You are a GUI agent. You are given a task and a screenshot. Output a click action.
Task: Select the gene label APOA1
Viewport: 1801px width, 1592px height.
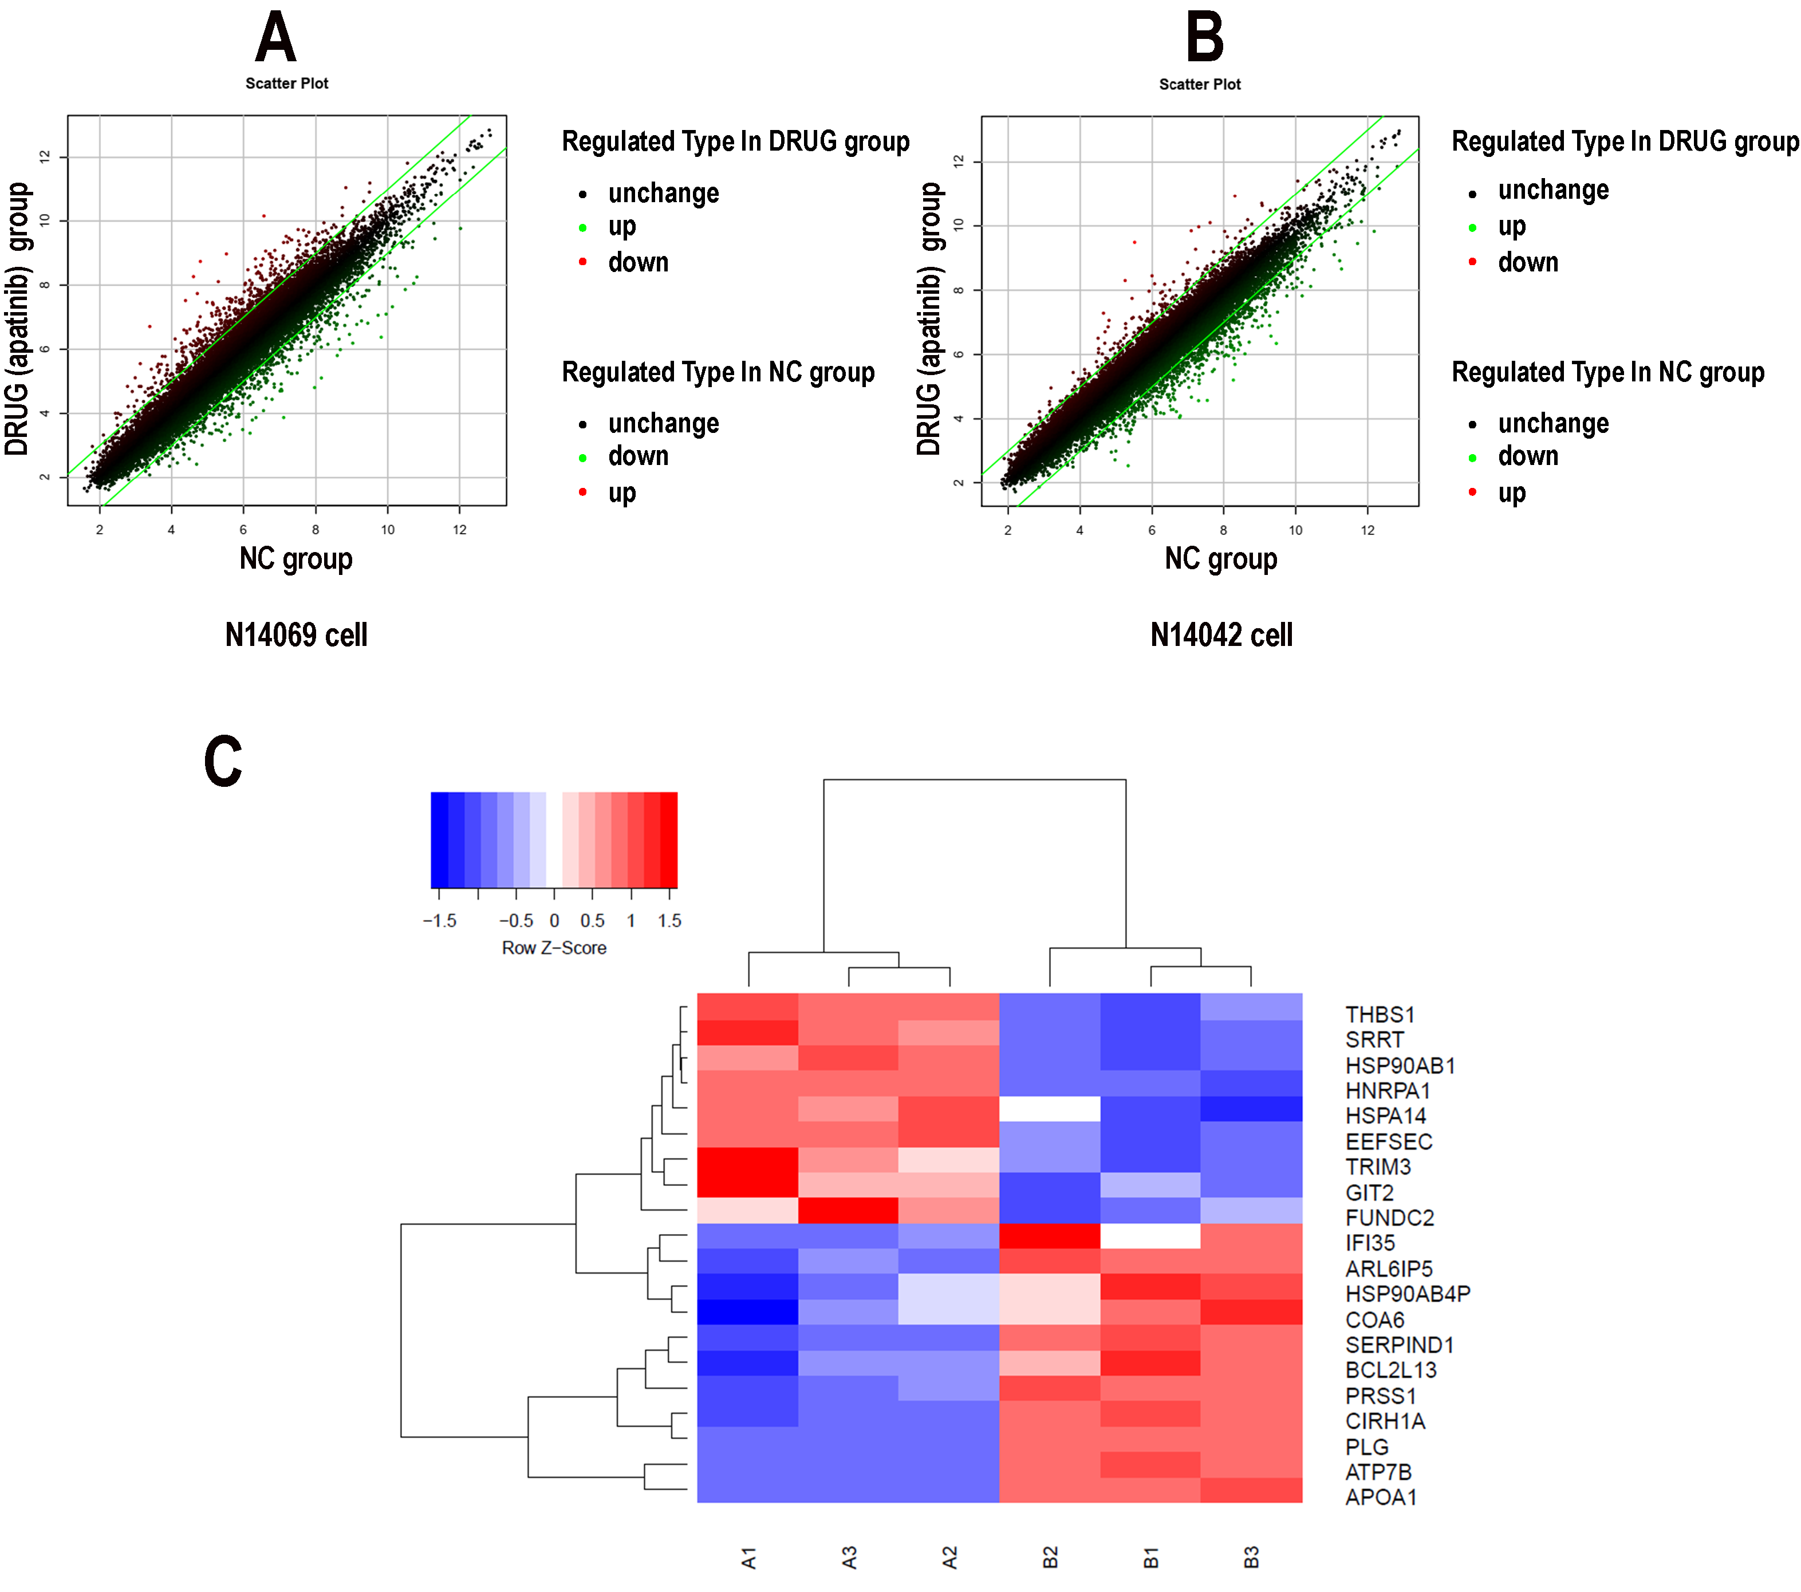[1381, 1497]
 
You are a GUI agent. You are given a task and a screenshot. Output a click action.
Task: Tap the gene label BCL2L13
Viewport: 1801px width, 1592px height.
[1390, 1370]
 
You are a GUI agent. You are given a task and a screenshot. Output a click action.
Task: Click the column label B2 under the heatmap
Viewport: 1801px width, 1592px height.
[1050, 1558]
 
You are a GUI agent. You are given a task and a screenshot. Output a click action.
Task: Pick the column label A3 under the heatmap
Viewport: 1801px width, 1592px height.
[849, 1558]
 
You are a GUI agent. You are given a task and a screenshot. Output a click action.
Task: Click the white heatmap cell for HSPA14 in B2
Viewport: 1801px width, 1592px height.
[1050, 1108]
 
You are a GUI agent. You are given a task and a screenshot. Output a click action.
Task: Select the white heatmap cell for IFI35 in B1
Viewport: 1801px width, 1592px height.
[1150, 1236]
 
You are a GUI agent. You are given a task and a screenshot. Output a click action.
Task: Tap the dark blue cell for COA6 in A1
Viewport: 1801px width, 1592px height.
[747, 1312]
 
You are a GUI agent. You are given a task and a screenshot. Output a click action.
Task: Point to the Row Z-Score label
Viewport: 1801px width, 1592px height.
[554, 948]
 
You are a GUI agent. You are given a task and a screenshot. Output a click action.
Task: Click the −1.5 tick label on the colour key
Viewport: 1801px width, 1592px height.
[440, 921]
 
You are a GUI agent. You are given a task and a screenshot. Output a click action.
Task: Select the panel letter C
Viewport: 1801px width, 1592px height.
[223, 761]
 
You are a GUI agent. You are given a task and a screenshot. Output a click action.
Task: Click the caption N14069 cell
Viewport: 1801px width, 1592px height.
[296, 635]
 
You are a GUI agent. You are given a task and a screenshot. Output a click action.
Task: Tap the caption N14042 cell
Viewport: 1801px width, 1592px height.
[1221, 635]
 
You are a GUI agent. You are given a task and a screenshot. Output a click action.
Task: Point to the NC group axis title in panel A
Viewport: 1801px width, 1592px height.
[296, 558]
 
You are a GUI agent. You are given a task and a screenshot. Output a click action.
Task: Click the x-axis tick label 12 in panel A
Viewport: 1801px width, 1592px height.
[460, 530]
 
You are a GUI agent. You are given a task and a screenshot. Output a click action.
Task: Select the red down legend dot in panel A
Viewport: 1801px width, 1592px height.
[582, 262]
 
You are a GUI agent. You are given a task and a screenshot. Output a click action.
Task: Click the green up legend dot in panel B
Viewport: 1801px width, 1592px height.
[1472, 227]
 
